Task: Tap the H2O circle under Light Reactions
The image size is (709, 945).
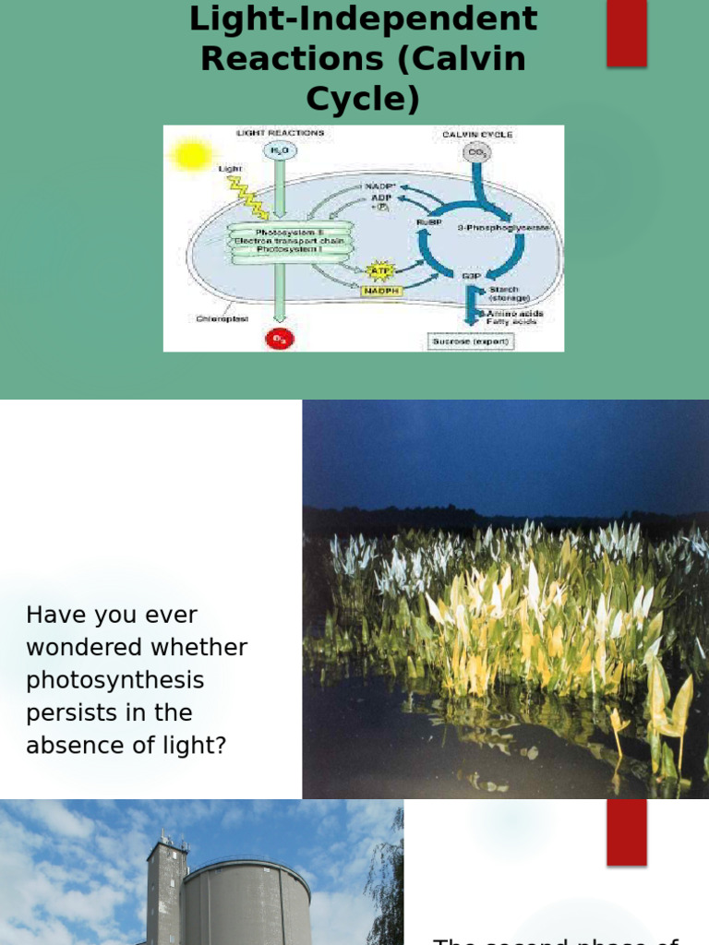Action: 278,151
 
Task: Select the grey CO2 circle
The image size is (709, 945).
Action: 476,151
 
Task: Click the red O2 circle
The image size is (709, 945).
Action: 278,339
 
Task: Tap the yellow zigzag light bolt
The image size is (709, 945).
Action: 246,197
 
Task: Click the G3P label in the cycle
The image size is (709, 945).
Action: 470,274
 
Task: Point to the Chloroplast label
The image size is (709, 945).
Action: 222,319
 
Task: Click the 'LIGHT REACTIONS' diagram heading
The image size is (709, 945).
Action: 281,134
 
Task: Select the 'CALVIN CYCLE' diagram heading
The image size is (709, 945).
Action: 477,135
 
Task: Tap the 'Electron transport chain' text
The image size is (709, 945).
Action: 289,241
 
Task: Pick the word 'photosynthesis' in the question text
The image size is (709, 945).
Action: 115,680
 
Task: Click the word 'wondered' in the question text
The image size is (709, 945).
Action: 90,648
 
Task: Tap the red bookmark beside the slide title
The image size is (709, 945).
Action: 626,33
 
